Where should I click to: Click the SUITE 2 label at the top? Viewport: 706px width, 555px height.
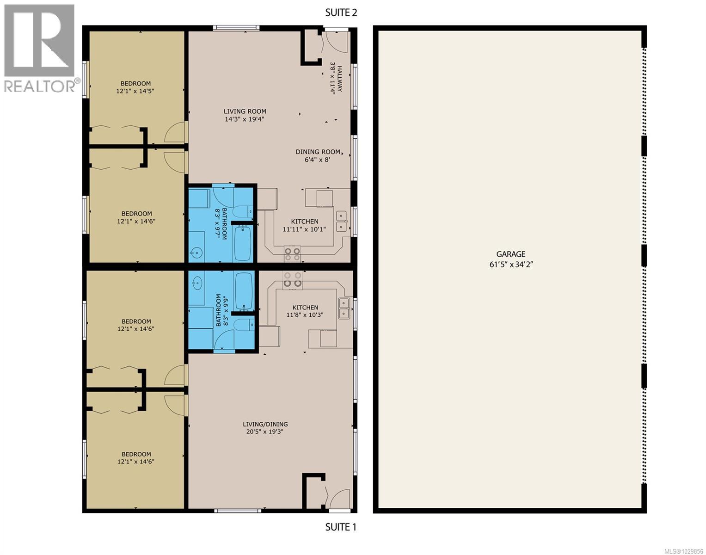(341, 12)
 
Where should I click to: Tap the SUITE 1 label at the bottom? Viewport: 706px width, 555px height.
(341, 527)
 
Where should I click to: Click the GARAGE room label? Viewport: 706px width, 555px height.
(511, 254)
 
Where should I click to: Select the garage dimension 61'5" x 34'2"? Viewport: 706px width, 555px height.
(511, 265)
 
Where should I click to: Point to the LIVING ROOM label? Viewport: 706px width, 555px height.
(245, 111)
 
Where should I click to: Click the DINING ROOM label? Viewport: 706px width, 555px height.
(318, 152)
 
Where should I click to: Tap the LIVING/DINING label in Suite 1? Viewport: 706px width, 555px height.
(265, 424)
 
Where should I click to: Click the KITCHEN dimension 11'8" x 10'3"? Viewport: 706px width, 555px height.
(305, 315)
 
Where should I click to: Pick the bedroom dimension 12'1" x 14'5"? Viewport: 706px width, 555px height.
(135, 91)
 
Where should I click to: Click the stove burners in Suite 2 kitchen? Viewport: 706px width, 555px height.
(293, 254)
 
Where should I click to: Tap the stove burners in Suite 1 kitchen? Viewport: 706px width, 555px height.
(293, 279)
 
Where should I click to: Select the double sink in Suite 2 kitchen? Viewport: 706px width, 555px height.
(341, 221)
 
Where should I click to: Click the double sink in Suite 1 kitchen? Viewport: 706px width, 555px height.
(344, 308)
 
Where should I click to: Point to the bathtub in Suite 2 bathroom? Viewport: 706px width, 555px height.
(243, 243)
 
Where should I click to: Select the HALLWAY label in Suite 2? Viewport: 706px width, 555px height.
(340, 79)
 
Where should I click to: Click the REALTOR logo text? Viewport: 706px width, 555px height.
(41, 86)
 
